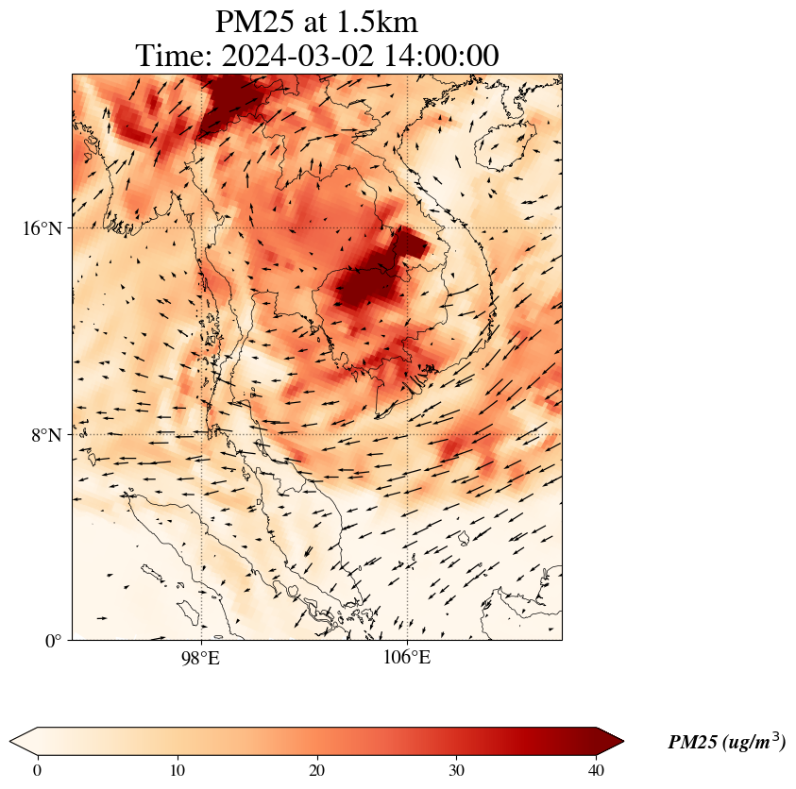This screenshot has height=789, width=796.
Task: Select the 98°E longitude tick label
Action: click(x=200, y=657)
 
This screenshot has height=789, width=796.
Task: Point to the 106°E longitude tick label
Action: click(x=407, y=657)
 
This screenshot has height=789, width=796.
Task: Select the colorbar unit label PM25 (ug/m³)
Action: click(x=726, y=742)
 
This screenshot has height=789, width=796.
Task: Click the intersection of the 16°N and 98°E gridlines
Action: click(x=201, y=228)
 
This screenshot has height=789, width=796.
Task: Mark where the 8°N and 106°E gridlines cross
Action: click(x=407, y=435)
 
